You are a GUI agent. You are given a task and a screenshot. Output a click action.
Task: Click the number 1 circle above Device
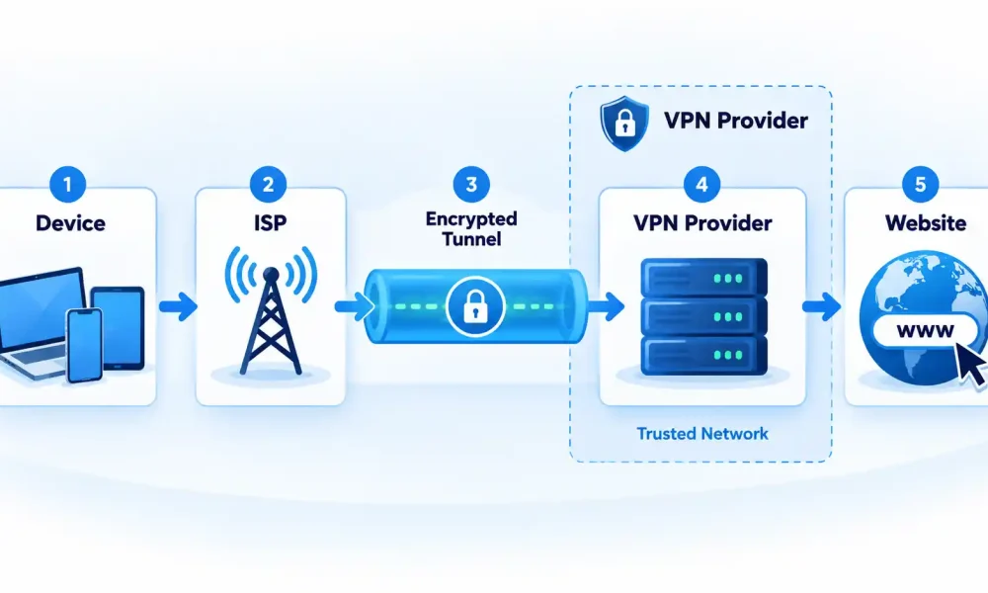tap(67, 185)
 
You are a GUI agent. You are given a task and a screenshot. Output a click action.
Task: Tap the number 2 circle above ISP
tap(268, 185)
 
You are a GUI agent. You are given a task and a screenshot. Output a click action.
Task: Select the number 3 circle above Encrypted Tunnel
tap(471, 185)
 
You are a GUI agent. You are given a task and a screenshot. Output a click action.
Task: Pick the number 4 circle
tap(701, 185)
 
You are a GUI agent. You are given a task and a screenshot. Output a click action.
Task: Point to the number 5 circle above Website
tap(920, 185)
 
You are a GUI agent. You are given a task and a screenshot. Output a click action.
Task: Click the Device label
tap(70, 223)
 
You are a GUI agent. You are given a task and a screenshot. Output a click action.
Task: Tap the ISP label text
tap(271, 223)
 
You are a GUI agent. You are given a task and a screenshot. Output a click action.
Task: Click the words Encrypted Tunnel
tap(471, 228)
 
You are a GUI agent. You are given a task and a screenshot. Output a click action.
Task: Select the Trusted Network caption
tap(702, 434)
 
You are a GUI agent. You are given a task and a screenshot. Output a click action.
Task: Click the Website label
tap(926, 223)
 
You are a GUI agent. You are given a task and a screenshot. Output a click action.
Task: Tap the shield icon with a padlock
tap(623, 124)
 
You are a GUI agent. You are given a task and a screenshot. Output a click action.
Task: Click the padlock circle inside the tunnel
tap(475, 307)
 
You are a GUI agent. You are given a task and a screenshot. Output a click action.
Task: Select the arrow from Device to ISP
tap(178, 307)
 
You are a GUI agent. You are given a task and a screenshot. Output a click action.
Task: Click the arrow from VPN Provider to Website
tap(822, 307)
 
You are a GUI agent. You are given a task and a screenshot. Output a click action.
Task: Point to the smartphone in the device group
tap(84, 345)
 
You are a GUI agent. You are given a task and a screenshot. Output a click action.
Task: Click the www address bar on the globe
tap(925, 330)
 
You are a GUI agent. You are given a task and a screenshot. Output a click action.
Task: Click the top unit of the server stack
tap(703, 278)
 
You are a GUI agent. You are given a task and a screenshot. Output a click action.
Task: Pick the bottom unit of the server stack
tap(703, 356)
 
